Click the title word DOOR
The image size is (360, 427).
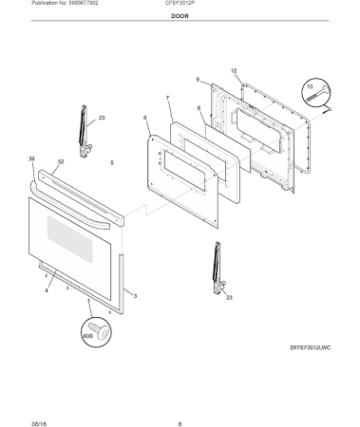(x=180, y=17)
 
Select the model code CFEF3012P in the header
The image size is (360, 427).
(x=180, y=5)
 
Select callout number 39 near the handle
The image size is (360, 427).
(x=31, y=158)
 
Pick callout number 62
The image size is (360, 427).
(x=60, y=163)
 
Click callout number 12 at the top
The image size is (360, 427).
(x=233, y=70)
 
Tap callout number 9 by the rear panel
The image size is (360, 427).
(x=198, y=80)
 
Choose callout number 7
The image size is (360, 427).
(x=167, y=98)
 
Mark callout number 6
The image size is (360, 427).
(x=145, y=119)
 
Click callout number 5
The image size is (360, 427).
(x=111, y=163)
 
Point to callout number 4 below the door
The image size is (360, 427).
(x=46, y=289)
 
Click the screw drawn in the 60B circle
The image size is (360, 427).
(x=99, y=328)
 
